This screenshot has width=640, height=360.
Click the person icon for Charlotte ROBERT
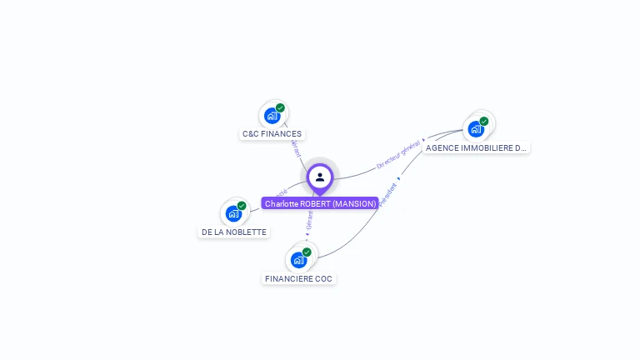pyautogui.click(x=320, y=177)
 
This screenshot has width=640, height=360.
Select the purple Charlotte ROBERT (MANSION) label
pyautogui.click(x=320, y=203)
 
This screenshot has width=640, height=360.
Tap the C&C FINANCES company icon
pyautogui.click(x=272, y=116)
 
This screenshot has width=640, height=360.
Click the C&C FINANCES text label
pyautogui.click(x=272, y=133)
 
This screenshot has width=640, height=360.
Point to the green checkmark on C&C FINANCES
pyautogui.click(x=280, y=107)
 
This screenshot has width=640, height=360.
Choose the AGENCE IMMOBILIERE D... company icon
pyautogui.click(x=476, y=129)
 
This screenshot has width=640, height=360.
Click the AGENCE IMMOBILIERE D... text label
pyautogui.click(x=476, y=148)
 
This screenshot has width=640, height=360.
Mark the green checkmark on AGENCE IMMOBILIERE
pyautogui.click(x=484, y=121)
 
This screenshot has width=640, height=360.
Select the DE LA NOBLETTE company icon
pyautogui.click(x=233, y=213)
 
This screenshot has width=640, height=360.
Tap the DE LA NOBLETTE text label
pyautogui.click(x=234, y=232)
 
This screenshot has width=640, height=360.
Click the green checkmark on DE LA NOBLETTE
pyautogui.click(x=242, y=206)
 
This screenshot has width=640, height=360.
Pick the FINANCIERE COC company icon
pyautogui.click(x=298, y=260)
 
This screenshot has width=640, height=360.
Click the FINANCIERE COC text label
pyautogui.click(x=298, y=278)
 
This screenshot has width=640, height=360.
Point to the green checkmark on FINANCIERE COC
pyautogui.click(x=307, y=252)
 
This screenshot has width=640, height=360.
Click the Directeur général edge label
pyautogui.click(x=398, y=156)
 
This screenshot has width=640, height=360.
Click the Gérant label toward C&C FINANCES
pyautogui.click(x=296, y=148)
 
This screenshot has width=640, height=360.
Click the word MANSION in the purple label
pyautogui.click(x=357, y=203)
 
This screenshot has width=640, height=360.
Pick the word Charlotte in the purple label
pyautogui.click(x=282, y=203)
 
